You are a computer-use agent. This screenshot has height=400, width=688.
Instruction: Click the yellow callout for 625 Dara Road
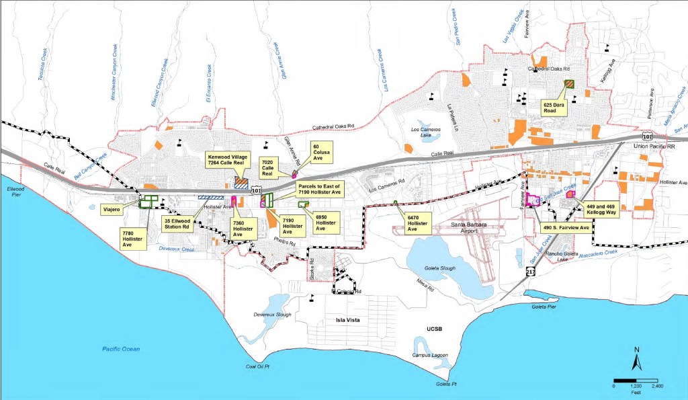pyautogui.click(x=554, y=108)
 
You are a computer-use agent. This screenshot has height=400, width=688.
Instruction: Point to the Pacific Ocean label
pyautogui.click(x=120, y=348)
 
